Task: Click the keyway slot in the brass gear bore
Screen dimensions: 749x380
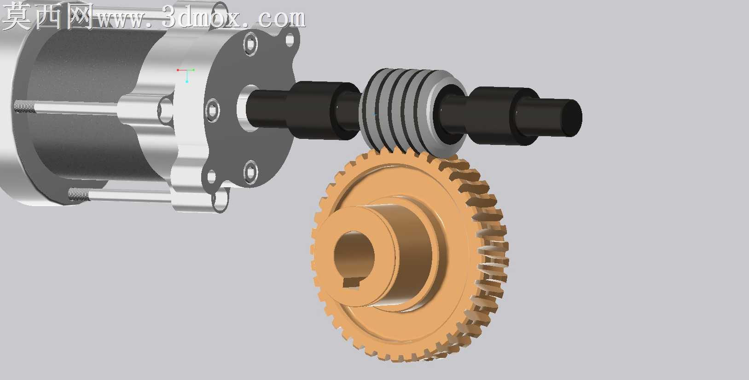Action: click(x=351, y=283)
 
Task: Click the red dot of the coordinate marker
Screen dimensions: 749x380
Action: click(x=178, y=70)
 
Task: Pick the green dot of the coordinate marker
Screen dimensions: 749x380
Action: click(x=194, y=70)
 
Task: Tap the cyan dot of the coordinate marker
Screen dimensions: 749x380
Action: click(x=187, y=81)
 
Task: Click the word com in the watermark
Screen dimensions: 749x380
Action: click(x=282, y=18)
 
